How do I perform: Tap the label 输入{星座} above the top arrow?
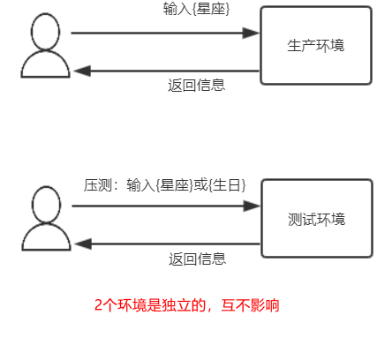click(x=196, y=9)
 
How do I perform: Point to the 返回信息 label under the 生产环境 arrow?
click(x=196, y=85)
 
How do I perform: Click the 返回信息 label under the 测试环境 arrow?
click(x=197, y=259)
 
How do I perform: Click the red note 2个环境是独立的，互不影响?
click(x=186, y=305)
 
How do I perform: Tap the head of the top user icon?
click(x=45, y=32)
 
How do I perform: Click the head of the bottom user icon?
click(x=46, y=205)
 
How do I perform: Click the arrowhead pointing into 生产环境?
click(x=251, y=33)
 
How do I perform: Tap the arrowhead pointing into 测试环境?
click(x=252, y=206)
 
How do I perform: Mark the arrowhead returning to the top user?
click(x=82, y=71)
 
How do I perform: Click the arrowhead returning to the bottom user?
click(x=83, y=244)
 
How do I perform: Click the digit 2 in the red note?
click(x=98, y=305)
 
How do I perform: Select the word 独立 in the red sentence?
click(x=176, y=305)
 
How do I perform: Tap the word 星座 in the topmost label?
click(x=211, y=9)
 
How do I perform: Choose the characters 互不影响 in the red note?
click(x=251, y=305)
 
